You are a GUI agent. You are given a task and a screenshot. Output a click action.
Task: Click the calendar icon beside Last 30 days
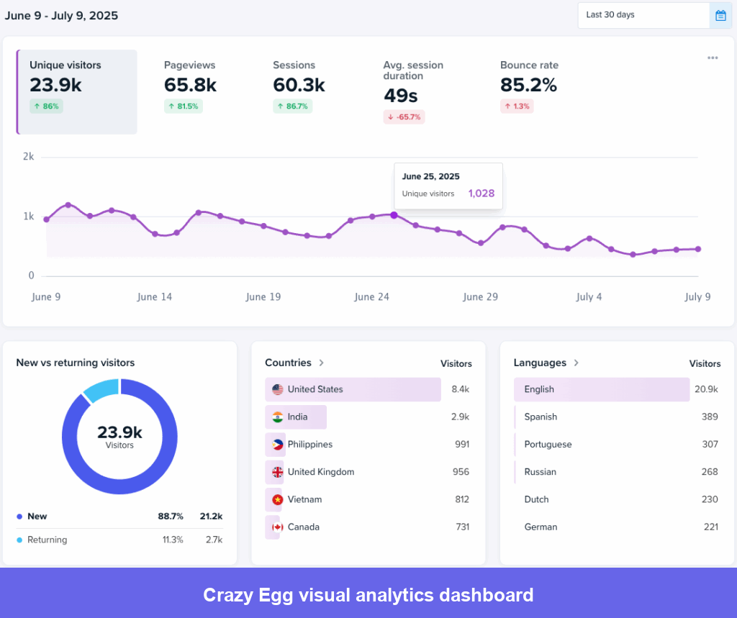coord(720,15)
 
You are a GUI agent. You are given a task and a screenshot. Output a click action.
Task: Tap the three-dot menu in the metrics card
coord(712,58)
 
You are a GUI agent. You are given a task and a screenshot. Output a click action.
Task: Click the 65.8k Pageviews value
coord(190,85)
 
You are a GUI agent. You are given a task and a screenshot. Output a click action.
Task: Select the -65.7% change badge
coord(404,117)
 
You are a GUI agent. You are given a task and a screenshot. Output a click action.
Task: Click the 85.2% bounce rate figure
coord(528,85)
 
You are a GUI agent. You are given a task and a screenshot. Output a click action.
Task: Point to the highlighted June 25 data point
coord(394,214)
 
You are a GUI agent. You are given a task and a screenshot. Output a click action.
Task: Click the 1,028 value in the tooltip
coord(481,194)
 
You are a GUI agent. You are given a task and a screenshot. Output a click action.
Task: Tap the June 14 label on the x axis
coord(155,297)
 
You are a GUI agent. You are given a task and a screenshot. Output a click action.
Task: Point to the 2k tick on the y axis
coord(28,157)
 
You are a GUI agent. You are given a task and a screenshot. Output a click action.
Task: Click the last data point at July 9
coord(698,249)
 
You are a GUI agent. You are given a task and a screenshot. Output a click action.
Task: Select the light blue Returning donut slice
coord(101,388)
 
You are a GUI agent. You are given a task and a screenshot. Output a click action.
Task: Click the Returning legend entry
coord(47,540)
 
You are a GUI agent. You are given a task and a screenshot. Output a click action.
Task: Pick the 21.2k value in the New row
coord(211,517)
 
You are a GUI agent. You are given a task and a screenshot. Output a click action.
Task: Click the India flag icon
coord(277,417)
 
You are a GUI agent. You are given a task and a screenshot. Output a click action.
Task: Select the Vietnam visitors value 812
coord(461,499)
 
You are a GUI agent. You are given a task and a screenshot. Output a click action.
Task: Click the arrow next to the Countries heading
coord(322,363)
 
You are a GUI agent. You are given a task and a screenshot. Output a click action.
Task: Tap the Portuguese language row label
coord(548,445)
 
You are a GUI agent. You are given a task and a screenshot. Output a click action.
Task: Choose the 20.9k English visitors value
coord(705,389)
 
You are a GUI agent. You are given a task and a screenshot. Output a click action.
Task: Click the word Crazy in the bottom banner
coord(227,596)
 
